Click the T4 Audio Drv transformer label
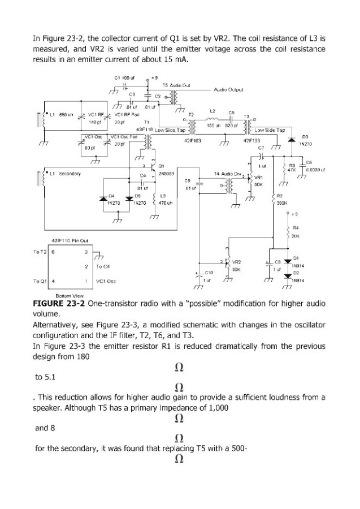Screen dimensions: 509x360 228,173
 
